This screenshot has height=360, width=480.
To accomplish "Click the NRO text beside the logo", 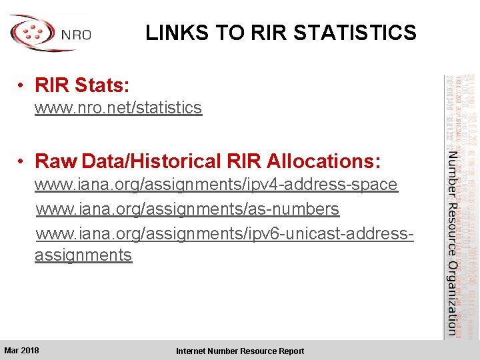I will coord(75,35).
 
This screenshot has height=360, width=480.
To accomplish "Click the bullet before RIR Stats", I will coord(22,86).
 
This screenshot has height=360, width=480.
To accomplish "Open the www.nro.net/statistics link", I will coord(118,107).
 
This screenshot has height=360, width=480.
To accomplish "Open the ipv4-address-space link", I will coord(216,185).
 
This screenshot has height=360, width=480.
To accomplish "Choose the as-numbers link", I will coord(187,209).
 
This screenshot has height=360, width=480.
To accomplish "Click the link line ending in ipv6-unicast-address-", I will coord(225,233).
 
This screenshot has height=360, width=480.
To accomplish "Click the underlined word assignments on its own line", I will coord(83,255).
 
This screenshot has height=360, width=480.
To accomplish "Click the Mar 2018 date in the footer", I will coord(21,351).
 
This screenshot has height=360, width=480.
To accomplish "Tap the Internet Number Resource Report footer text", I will coord(239,351).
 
